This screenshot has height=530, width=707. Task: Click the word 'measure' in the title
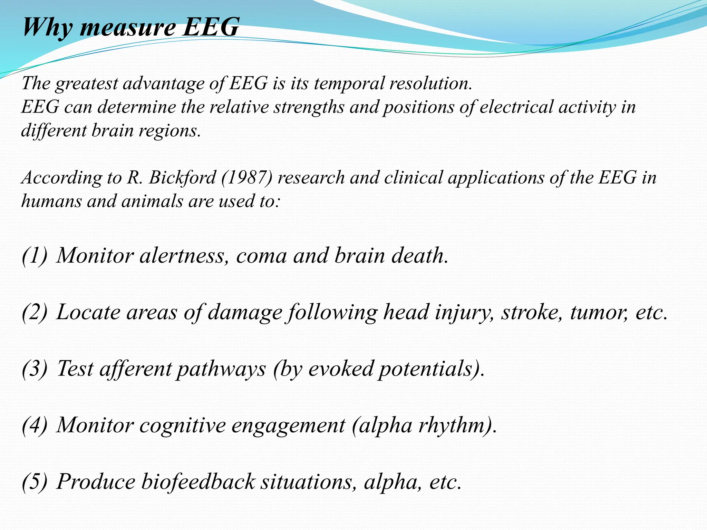pos(127,28)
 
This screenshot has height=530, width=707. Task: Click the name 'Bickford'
pos(183,178)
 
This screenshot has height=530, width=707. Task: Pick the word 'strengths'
pos(309,107)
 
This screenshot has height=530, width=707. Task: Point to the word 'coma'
pos(261,256)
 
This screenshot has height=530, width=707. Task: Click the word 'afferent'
pos(136,369)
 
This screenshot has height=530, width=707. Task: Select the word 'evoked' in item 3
pos(341,369)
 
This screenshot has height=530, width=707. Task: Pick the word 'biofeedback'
pos(198,482)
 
